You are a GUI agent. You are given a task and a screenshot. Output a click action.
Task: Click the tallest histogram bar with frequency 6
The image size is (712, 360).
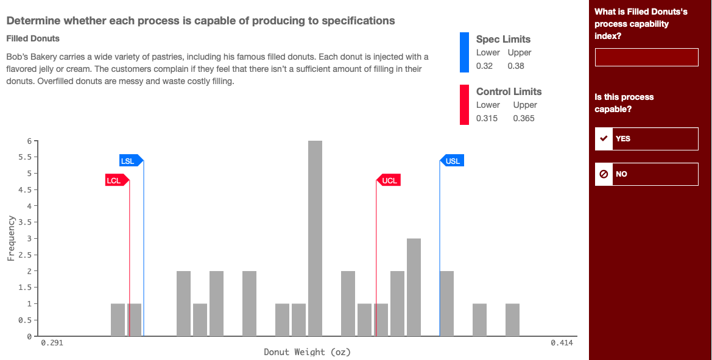[x=315, y=238]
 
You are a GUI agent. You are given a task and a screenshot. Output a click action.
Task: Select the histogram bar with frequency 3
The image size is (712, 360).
[x=414, y=287]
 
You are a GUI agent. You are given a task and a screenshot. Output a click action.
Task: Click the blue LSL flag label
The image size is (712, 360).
[x=129, y=161]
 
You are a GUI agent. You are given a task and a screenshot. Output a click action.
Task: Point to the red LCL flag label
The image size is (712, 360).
[x=115, y=180]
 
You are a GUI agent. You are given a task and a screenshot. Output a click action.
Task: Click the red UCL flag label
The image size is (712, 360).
[x=389, y=180]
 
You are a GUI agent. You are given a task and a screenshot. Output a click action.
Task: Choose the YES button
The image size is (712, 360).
[x=646, y=138]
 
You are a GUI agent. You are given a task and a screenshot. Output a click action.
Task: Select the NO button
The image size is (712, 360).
[x=646, y=174]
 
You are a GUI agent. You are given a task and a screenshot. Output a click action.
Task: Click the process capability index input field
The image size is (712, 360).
[x=646, y=57]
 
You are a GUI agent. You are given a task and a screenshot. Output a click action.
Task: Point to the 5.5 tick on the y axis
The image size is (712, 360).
[x=26, y=157]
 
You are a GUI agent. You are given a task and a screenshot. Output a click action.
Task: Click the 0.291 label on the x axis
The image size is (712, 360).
[x=52, y=344]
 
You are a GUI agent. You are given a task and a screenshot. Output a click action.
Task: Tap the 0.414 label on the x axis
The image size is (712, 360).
[x=561, y=344]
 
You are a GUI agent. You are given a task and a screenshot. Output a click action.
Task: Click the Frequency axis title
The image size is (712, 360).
[x=11, y=238]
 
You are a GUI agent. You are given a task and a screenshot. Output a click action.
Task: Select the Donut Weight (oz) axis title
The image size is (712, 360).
[x=307, y=352]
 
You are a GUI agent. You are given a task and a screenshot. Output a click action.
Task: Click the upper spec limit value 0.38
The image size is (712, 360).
[x=515, y=66]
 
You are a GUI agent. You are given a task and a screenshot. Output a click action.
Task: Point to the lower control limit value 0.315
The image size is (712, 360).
[x=487, y=118]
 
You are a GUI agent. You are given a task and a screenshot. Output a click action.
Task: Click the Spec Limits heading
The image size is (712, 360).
[x=503, y=39]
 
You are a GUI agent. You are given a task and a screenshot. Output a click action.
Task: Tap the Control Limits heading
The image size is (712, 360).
[x=509, y=91]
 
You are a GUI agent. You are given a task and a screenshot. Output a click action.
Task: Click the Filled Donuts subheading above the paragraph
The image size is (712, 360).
[x=33, y=38]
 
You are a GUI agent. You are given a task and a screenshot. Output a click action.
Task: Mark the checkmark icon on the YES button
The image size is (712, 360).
[x=604, y=138]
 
